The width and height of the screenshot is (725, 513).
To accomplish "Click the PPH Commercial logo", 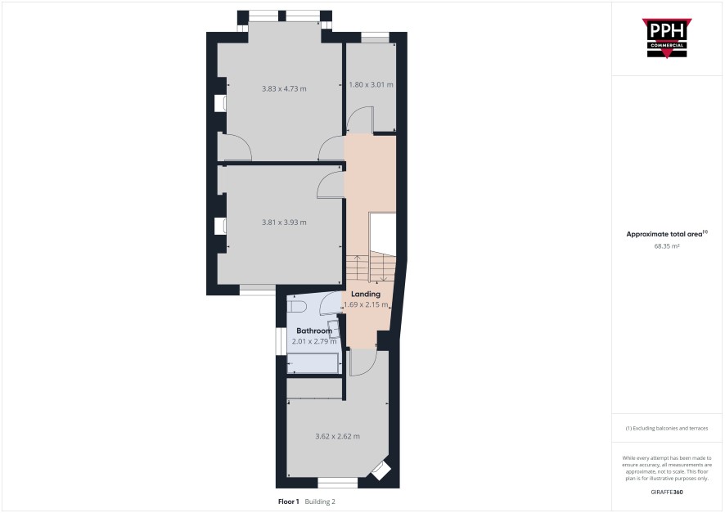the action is [667, 38].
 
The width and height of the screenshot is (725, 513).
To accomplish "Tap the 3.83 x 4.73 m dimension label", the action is [284, 88].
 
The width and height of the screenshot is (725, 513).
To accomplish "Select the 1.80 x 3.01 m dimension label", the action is [371, 84].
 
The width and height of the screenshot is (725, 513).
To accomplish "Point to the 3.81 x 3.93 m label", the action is [284, 223].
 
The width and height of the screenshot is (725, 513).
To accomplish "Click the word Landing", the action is [366, 294].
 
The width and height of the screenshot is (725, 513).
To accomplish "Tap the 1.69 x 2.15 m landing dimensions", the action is [366, 304].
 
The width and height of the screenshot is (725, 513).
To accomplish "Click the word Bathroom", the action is [314, 331].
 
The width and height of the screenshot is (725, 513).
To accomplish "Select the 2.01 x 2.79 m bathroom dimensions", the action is [314, 341].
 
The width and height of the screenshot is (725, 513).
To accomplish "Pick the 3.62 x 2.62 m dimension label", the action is [337, 436].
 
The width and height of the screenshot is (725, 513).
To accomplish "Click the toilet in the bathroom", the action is [295, 307].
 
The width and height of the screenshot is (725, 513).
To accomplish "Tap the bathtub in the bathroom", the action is [313, 363].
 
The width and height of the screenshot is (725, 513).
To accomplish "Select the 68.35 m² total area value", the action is [667, 246].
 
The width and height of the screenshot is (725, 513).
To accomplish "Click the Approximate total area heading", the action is [667, 234].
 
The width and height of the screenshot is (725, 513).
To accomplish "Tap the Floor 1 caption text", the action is [289, 502].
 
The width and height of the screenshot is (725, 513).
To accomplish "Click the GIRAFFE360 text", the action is [667, 492].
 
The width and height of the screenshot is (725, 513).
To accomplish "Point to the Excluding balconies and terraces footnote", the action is [667, 429].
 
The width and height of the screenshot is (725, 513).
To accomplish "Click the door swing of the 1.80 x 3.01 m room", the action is [360, 120].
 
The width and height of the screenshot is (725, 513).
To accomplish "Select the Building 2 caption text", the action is [320, 502].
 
